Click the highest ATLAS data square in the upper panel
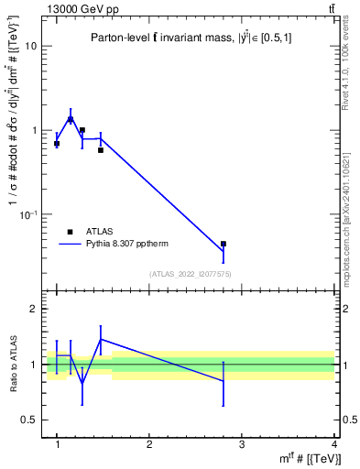[x=71, y=119]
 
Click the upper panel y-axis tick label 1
[x=33, y=130]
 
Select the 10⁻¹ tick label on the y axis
[x=28, y=214]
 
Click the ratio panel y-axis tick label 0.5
[x=29, y=420]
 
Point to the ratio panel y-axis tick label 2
[x=33, y=309]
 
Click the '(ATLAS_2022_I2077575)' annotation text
[x=189, y=273]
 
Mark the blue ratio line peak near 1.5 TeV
[x=101, y=339]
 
